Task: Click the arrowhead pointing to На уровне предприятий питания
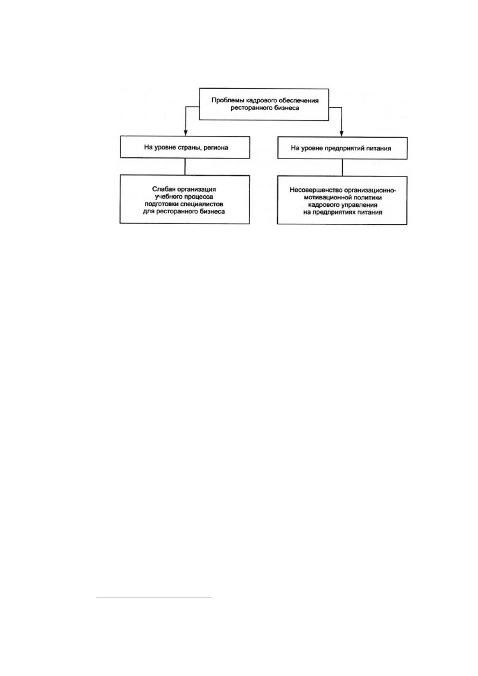click(342, 133)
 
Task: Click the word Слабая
click(163, 189)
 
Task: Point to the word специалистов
click(203, 204)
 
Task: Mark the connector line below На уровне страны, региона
click(185, 166)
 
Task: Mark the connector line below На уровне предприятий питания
click(342, 167)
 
